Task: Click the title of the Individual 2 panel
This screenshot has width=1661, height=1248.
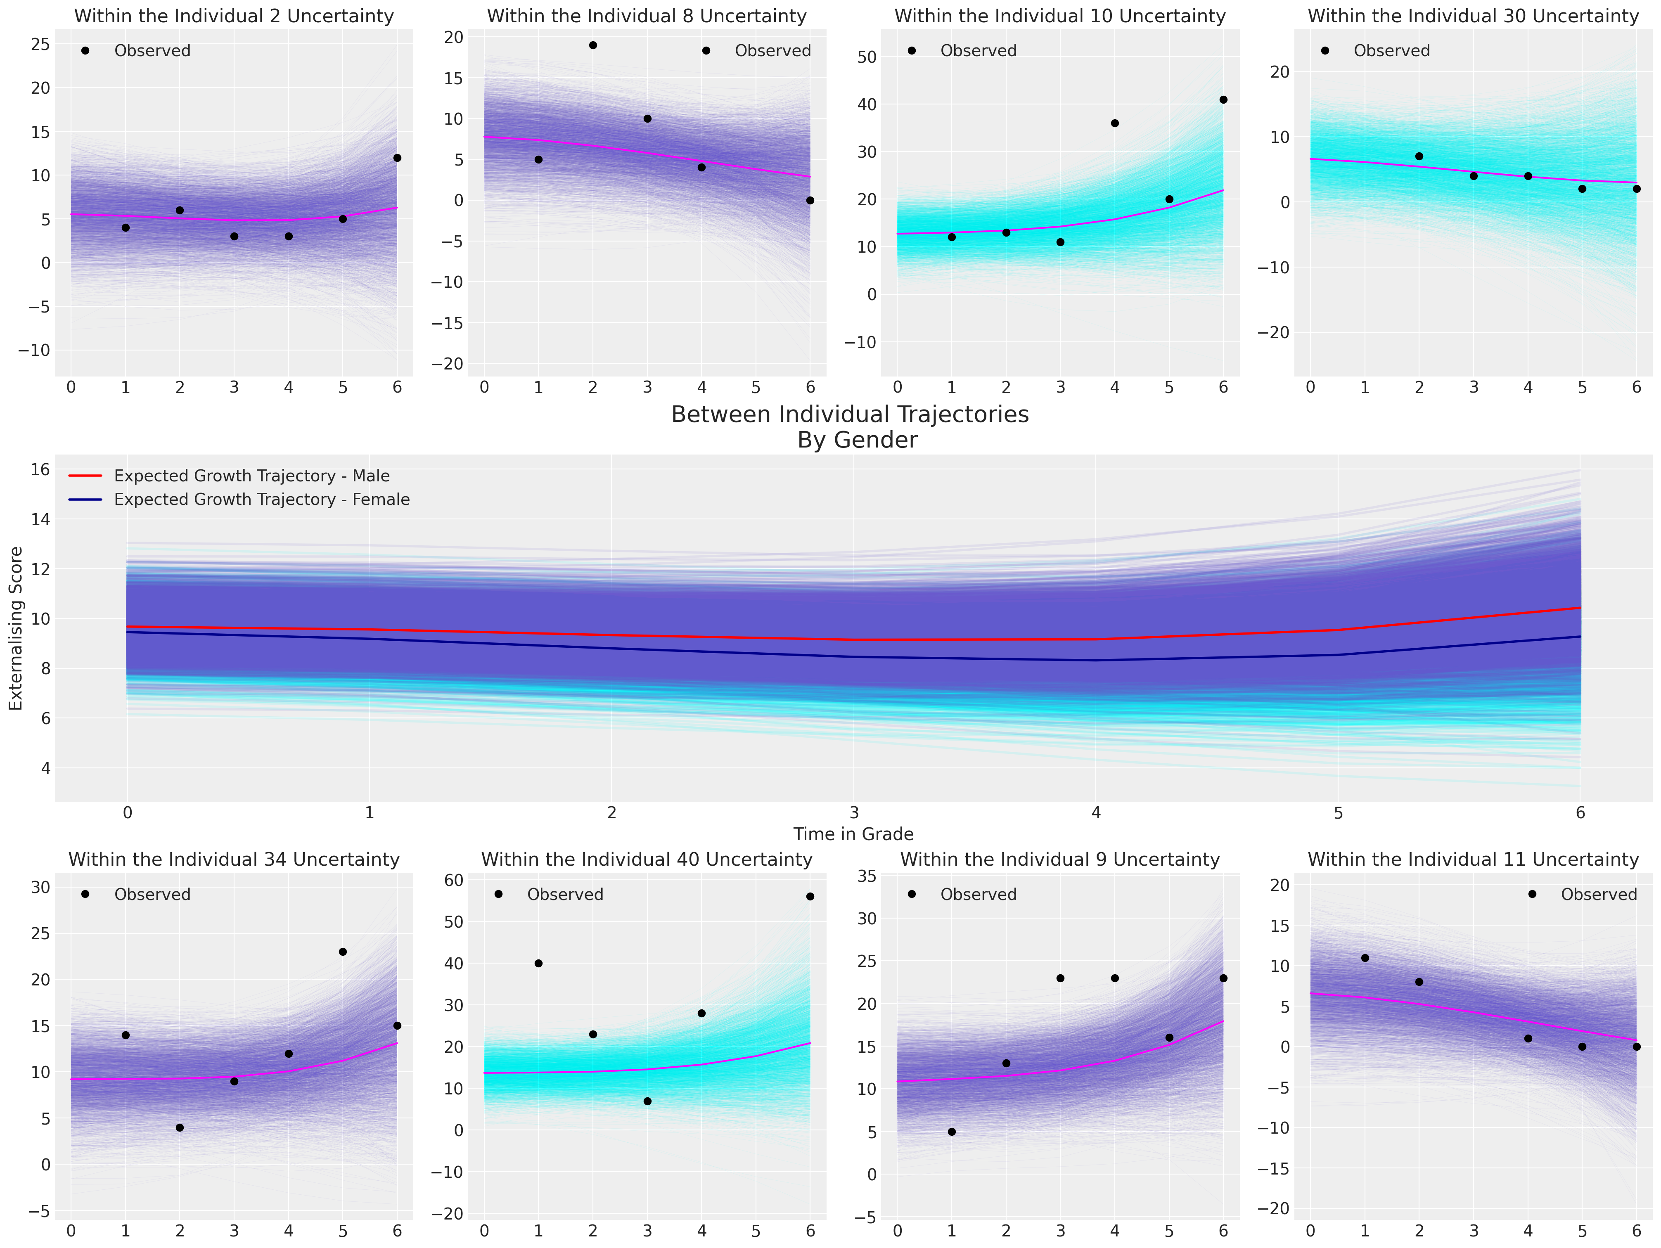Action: (234, 16)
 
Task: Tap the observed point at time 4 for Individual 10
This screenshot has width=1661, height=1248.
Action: (1114, 123)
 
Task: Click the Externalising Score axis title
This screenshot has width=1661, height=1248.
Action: (16, 628)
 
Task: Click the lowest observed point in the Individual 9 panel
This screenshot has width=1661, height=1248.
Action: (951, 1132)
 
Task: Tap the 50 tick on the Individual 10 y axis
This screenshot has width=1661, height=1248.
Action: (867, 57)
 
